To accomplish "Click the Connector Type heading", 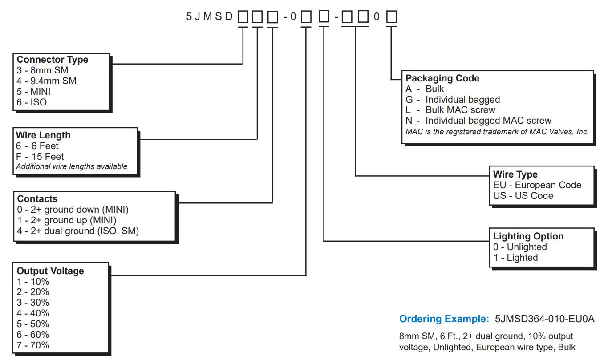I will [52, 60].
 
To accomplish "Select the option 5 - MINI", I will [33, 92].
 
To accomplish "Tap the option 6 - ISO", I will [32, 102].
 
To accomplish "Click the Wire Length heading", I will [43, 135].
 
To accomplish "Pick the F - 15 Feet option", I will [40, 157].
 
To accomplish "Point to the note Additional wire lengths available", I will [72, 167].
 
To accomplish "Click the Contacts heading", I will [37, 199].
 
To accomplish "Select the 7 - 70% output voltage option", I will [33, 345].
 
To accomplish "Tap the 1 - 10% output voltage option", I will [33, 282].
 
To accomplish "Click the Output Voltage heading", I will [50, 271].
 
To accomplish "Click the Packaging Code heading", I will [442, 78].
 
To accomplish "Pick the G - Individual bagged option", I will [452, 100].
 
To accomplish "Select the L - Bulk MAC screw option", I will [450, 110].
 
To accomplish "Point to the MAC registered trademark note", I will [497, 132].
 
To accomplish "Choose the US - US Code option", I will [523, 196].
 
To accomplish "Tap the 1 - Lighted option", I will [515, 258].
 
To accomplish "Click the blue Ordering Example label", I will [444, 319].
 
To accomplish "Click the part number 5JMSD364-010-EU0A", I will [544, 319].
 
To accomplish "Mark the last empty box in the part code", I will [391, 17].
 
